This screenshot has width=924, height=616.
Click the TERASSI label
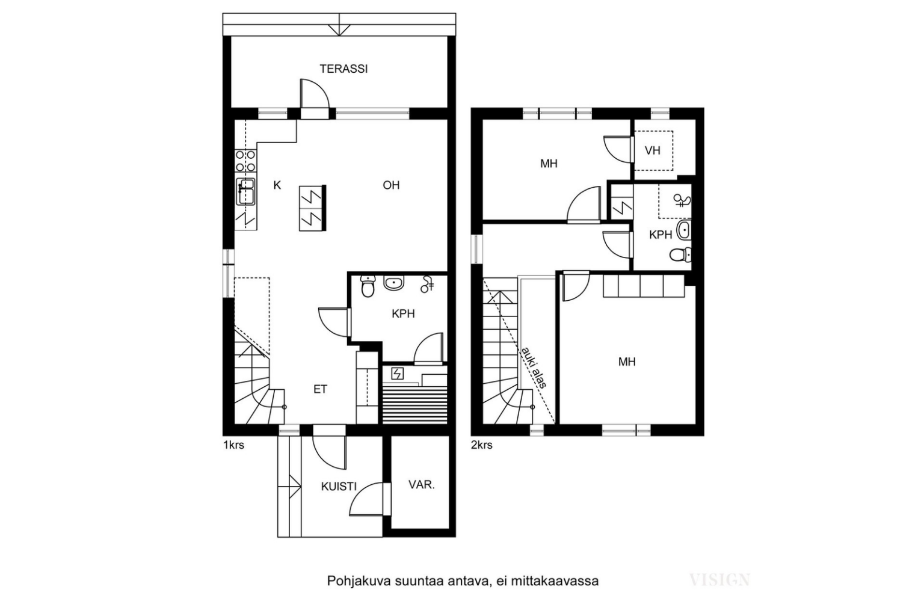tap(343, 69)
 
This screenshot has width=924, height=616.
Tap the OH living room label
tap(391, 185)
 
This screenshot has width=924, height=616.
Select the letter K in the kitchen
tap(277, 186)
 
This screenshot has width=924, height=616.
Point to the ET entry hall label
tap(320, 389)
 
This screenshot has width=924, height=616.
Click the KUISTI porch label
tap(339, 487)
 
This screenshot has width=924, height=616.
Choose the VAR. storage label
tap(422, 485)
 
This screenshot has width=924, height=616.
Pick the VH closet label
tap(653, 150)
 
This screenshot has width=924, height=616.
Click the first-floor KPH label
tap(403, 314)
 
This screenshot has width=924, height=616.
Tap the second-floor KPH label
tap(661, 235)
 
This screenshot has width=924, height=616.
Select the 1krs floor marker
tap(234, 446)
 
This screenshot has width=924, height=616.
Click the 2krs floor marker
tap(482, 446)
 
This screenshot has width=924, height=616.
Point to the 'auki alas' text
tap(534, 367)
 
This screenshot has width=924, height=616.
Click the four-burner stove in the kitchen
tap(245, 161)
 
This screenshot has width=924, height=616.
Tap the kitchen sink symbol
tap(246, 192)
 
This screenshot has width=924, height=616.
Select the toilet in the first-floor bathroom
tap(368, 286)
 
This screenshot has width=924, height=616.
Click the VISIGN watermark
tap(719, 580)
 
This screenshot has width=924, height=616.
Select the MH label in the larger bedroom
tap(627, 362)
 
